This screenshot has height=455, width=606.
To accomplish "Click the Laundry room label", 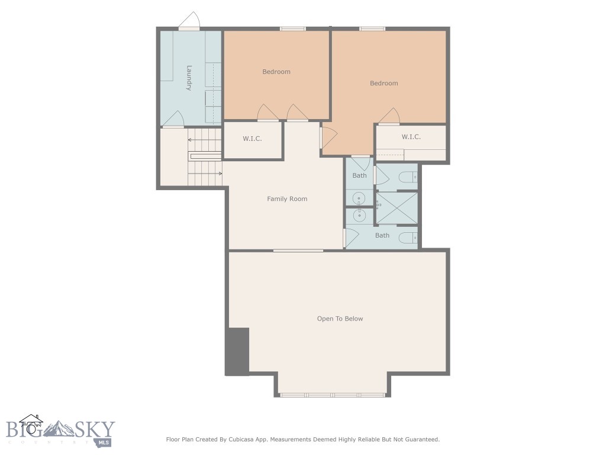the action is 189,78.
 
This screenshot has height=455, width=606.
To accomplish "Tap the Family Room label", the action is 287,199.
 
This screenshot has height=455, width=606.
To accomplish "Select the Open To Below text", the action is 340,319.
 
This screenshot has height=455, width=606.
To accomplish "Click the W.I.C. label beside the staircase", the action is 252,139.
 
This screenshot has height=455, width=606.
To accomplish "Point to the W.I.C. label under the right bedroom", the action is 411,137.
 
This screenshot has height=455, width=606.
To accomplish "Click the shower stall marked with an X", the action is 397,208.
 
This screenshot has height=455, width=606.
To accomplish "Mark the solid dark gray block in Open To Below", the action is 237,351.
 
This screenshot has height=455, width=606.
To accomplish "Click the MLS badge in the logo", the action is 103,442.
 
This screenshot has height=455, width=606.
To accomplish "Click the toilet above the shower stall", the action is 408,177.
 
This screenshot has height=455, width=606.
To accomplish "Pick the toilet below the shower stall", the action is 408,238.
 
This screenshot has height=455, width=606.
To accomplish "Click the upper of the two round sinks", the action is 359,199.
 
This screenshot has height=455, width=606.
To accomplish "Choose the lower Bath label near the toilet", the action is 382,235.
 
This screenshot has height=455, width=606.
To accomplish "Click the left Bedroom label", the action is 276,72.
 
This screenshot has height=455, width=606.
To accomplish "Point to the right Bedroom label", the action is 383,83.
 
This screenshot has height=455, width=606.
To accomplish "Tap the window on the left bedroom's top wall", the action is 293,28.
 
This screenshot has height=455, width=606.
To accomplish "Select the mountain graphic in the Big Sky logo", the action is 59,429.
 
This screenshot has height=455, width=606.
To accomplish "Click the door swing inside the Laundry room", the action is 173,118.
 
